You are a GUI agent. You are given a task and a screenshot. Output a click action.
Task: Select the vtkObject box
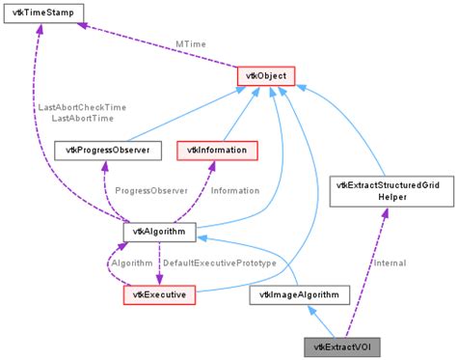point(265,74)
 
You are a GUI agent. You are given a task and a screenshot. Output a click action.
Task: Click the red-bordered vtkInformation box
point(217,150)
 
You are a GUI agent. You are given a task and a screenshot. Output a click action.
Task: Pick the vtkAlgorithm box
point(160,232)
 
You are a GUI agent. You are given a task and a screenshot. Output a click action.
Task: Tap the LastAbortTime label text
point(82,118)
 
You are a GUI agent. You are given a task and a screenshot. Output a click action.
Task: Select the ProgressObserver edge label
point(145,190)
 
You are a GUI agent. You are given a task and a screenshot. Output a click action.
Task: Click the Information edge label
point(235,190)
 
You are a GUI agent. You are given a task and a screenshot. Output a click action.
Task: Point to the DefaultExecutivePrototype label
point(219,263)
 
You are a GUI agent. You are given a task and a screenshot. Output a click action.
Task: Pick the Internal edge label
point(388,263)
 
